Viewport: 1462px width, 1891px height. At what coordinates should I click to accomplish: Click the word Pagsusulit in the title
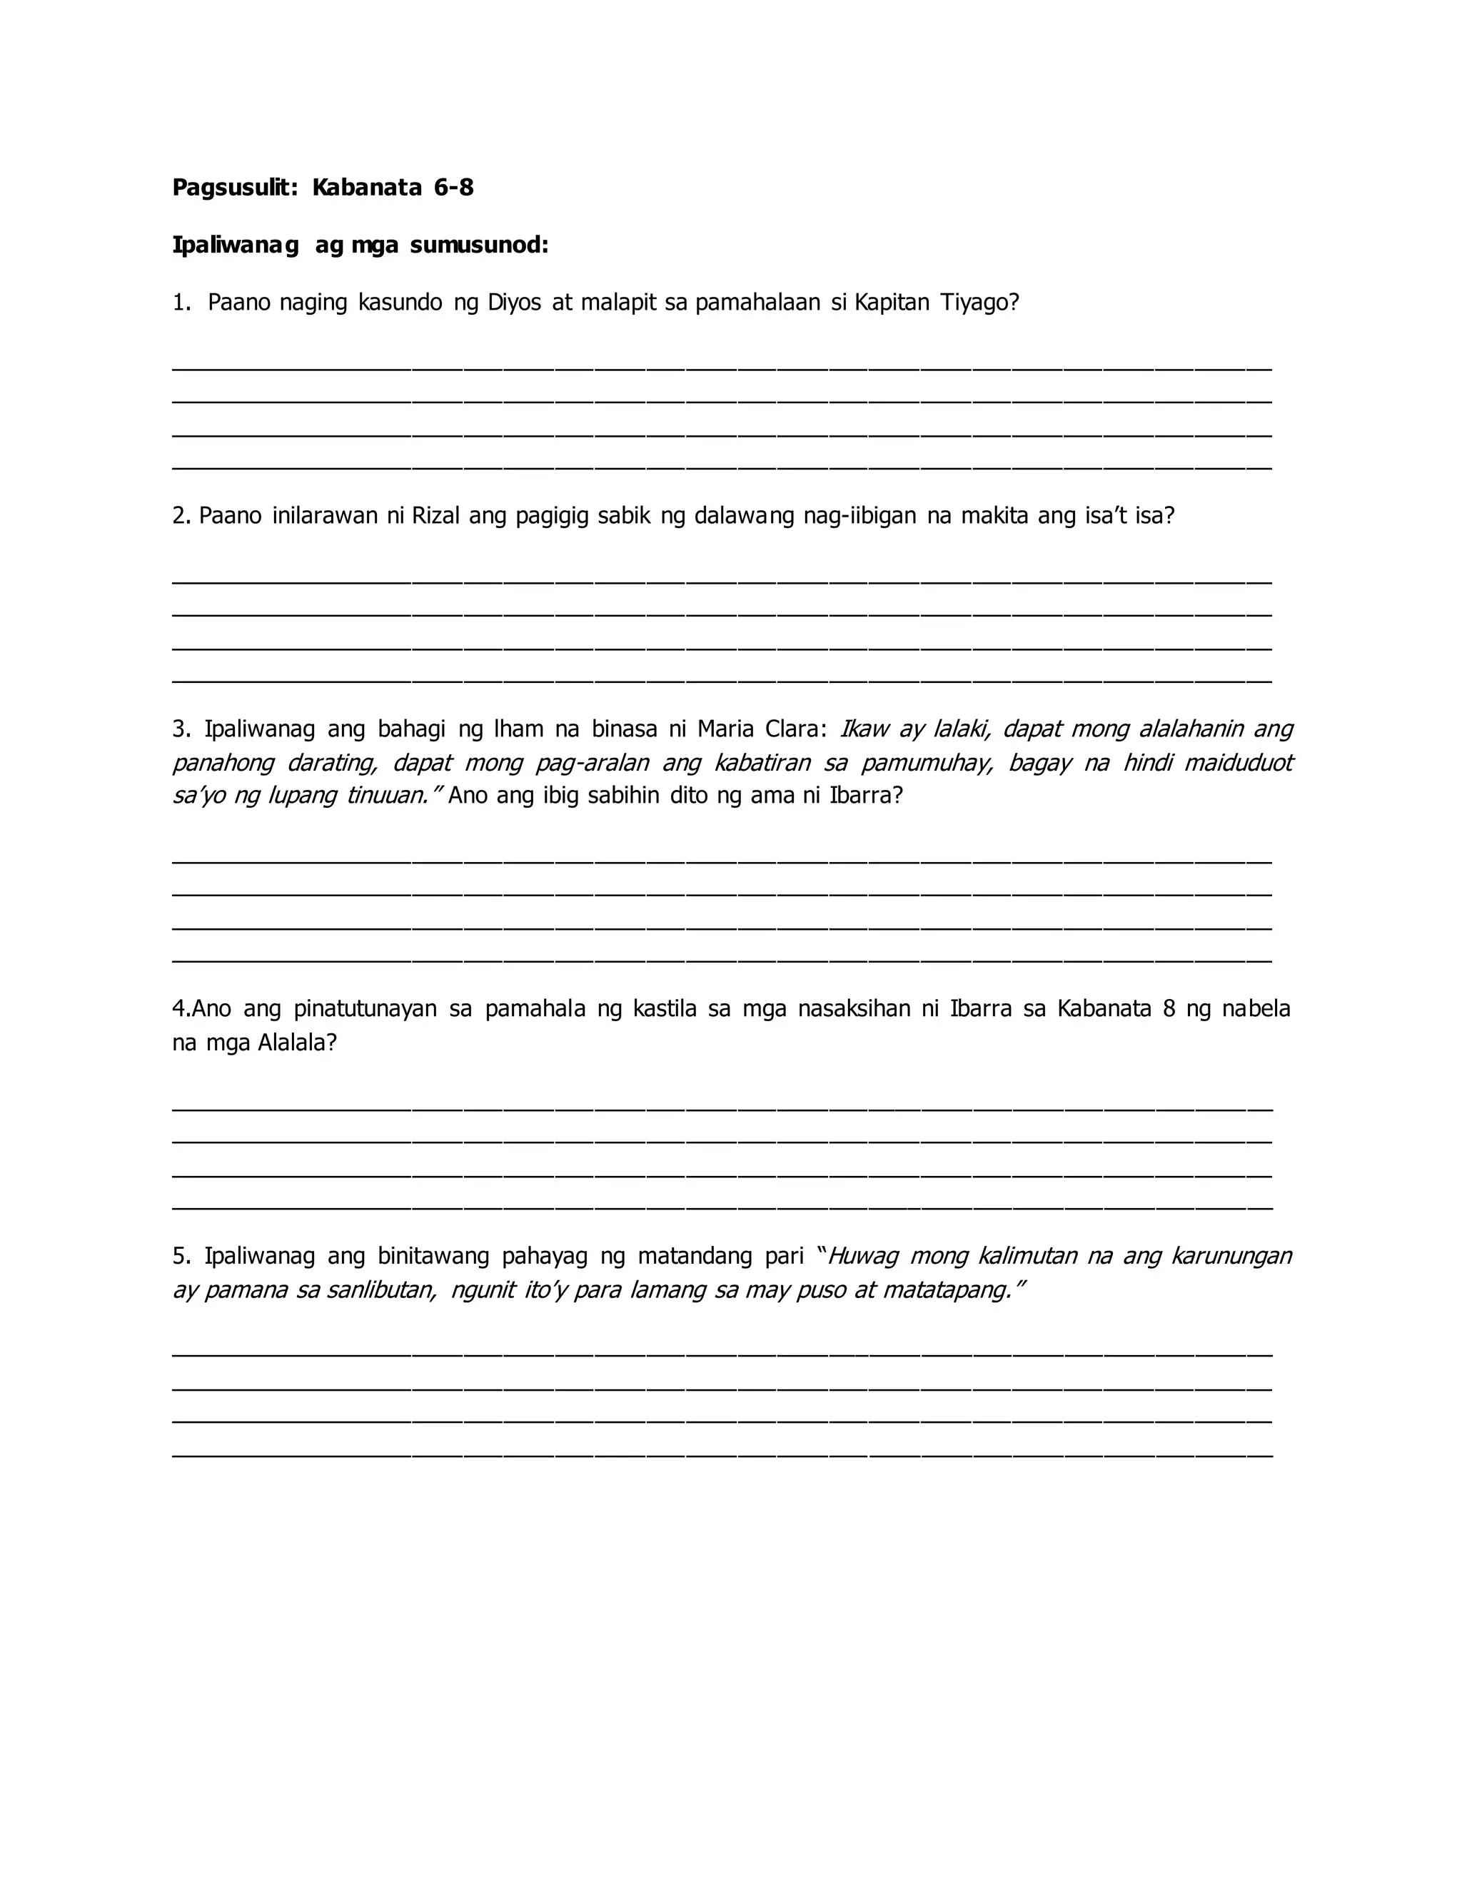tap(234, 188)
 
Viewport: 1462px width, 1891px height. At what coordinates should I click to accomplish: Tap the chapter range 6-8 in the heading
tap(453, 188)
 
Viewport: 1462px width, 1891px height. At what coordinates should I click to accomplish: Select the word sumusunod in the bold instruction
tap(479, 246)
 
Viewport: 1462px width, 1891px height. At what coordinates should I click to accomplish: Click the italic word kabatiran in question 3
tap(762, 763)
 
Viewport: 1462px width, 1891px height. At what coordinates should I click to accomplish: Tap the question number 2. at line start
tap(181, 516)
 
